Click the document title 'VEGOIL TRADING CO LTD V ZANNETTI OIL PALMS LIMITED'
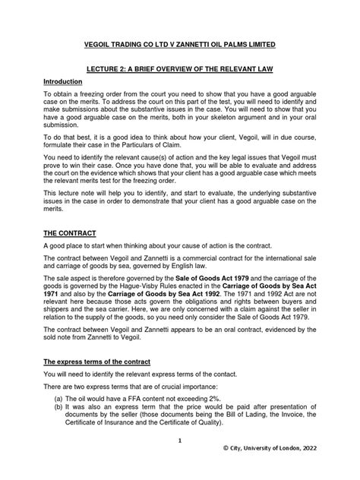pyautogui.click(x=180, y=46)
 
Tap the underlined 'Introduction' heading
pyautogui.click(x=65, y=82)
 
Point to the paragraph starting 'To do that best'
pyautogui.click(x=180, y=156)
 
